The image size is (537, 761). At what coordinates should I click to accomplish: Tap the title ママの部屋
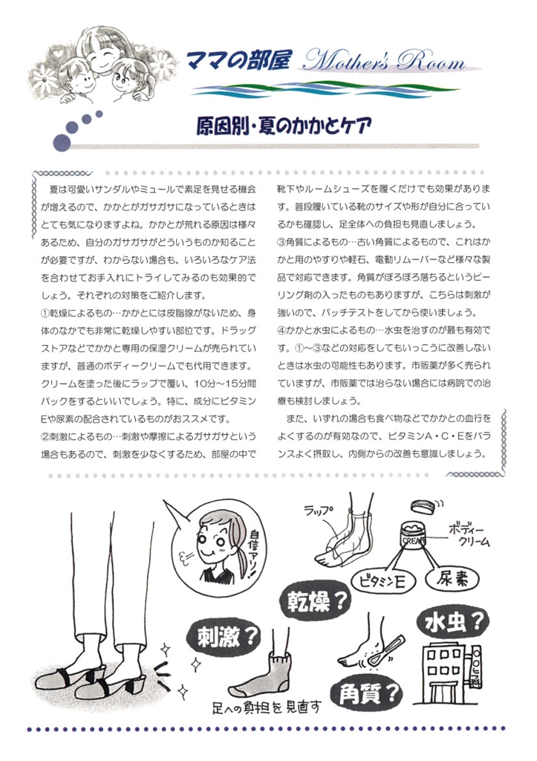pos(238,60)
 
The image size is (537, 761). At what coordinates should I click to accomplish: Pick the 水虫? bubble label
pos(453,622)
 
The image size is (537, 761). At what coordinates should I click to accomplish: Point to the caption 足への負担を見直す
pos(267,707)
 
